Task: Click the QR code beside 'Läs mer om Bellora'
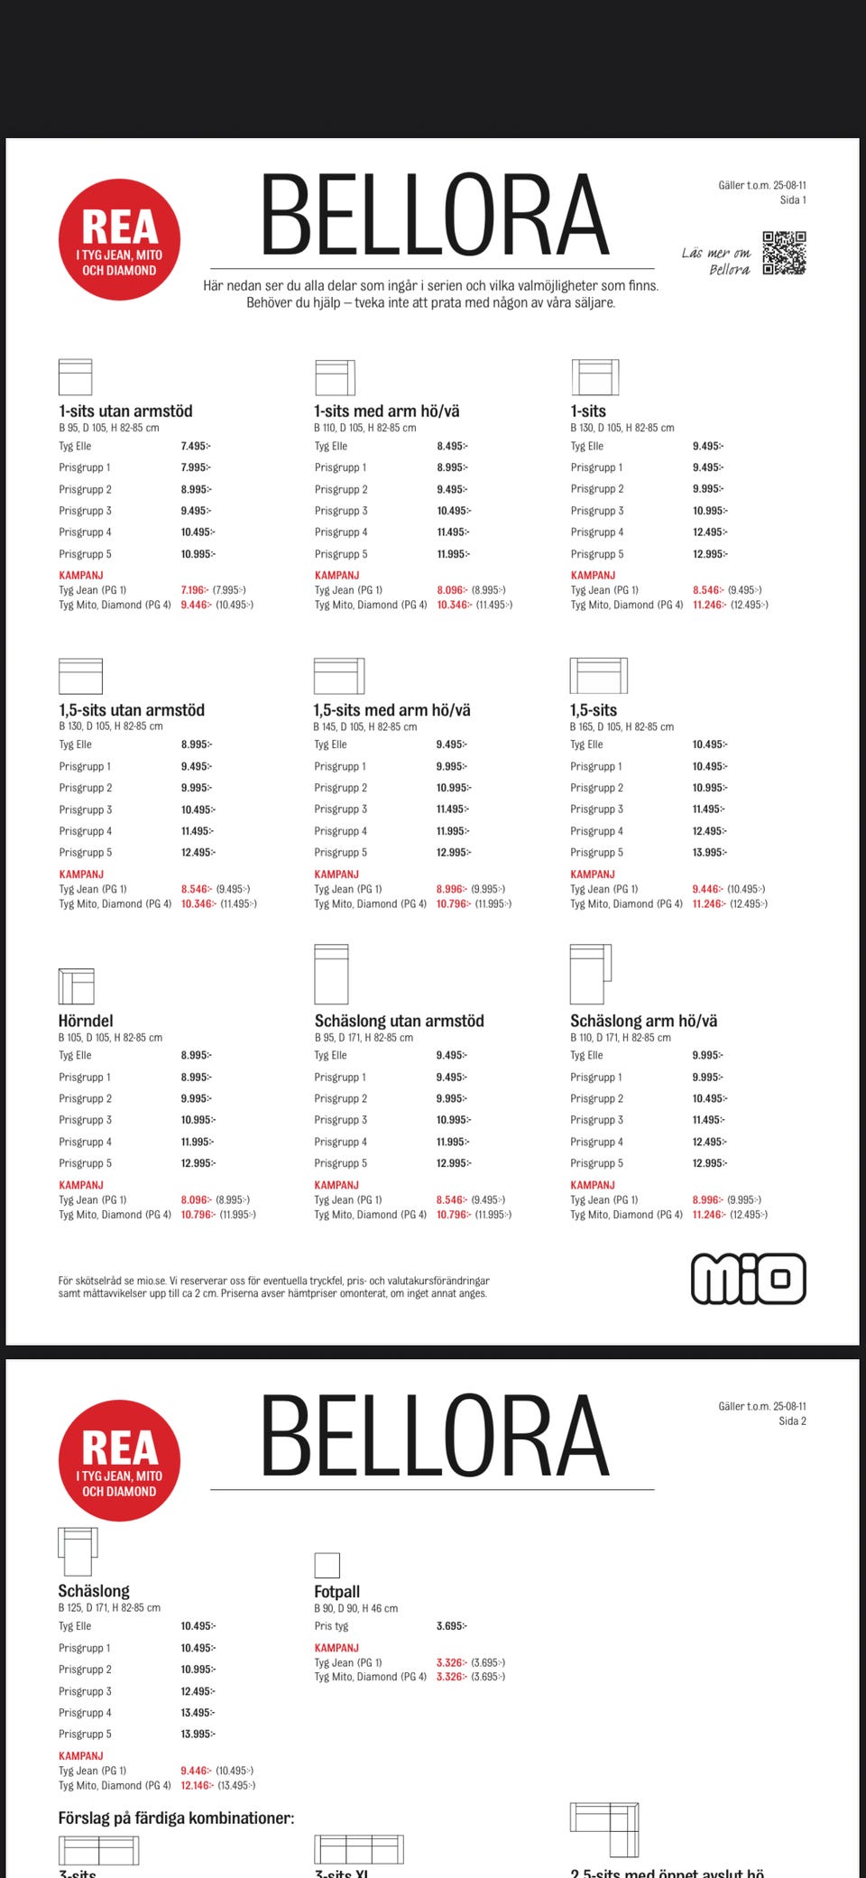pyautogui.click(x=784, y=253)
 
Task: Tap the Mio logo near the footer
pyautogui.click(x=748, y=1278)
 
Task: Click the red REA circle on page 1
pyautogui.click(x=119, y=240)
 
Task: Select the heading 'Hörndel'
pyautogui.click(x=86, y=1021)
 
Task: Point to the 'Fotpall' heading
pyautogui.click(x=336, y=1592)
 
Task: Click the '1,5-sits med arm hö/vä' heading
pyautogui.click(x=392, y=710)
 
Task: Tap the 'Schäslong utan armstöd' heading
pyautogui.click(x=399, y=1021)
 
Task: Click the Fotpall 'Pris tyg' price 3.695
pyautogui.click(x=451, y=1626)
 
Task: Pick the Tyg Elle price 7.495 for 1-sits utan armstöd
pyautogui.click(x=195, y=446)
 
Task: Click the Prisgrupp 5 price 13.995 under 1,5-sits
pyautogui.click(x=709, y=853)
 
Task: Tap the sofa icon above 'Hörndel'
pyautogui.click(x=76, y=985)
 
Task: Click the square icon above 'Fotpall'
pyautogui.click(x=327, y=1565)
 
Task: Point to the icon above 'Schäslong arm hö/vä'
pyautogui.click(x=590, y=974)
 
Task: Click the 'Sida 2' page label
pyautogui.click(x=792, y=1421)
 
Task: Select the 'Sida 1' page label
pyautogui.click(x=792, y=200)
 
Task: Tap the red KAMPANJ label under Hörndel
pyautogui.click(x=82, y=1185)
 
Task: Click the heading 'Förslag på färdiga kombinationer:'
pyautogui.click(x=176, y=1818)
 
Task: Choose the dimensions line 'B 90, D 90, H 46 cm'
pyautogui.click(x=355, y=1608)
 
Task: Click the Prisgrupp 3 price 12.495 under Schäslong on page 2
pyautogui.click(x=197, y=1691)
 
